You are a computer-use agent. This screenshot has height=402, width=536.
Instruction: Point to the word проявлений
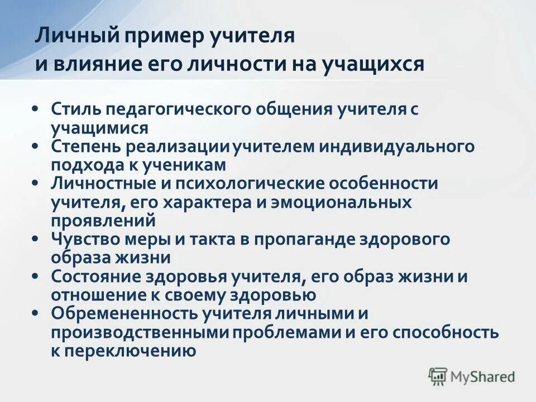pos(104,221)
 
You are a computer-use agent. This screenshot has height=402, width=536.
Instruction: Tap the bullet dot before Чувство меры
pos(35,238)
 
